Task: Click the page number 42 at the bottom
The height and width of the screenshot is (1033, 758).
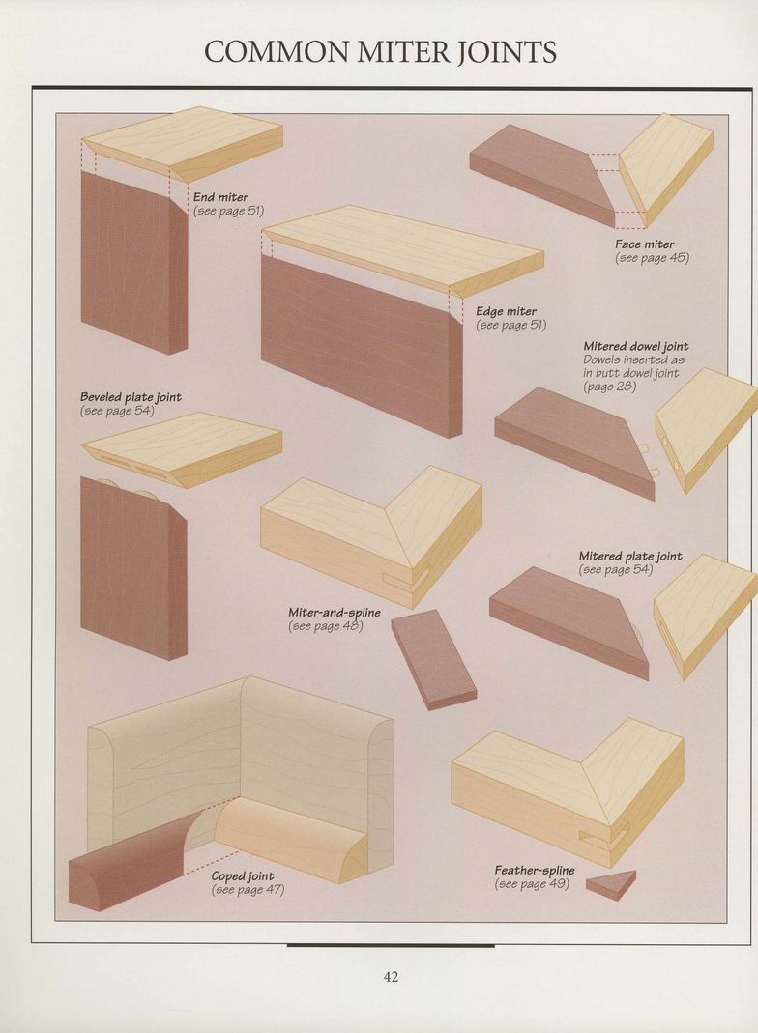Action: pyautogui.click(x=391, y=976)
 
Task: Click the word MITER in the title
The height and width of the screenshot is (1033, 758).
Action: pyautogui.click(x=397, y=52)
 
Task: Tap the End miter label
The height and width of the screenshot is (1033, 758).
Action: pyautogui.click(x=220, y=197)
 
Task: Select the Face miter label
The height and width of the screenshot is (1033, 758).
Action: pyautogui.click(x=645, y=244)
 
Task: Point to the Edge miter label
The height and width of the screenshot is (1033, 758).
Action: pyautogui.click(x=507, y=311)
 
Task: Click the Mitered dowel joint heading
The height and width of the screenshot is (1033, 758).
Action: pyautogui.click(x=636, y=346)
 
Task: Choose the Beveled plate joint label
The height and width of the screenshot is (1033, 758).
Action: pyautogui.click(x=131, y=397)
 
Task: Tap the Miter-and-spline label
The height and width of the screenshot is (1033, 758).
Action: pyautogui.click(x=335, y=613)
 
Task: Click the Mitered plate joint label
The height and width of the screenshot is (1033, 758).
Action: pyautogui.click(x=630, y=556)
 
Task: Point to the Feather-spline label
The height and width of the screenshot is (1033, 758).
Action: pyautogui.click(x=535, y=871)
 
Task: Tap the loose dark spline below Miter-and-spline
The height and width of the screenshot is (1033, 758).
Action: pyautogui.click(x=433, y=660)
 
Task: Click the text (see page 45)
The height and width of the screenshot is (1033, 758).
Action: pyautogui.click(x=652, y=258)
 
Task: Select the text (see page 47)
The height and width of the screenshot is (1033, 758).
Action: pyautogui.click(x=248, y=890)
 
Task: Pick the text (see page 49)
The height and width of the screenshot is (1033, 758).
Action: pyautogui.click(x=531, y=884)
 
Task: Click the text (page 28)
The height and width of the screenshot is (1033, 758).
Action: pyautogui.click(x=610, y=387)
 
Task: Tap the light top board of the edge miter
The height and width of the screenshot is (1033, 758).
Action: pyautogui.click(x=403, y=249)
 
